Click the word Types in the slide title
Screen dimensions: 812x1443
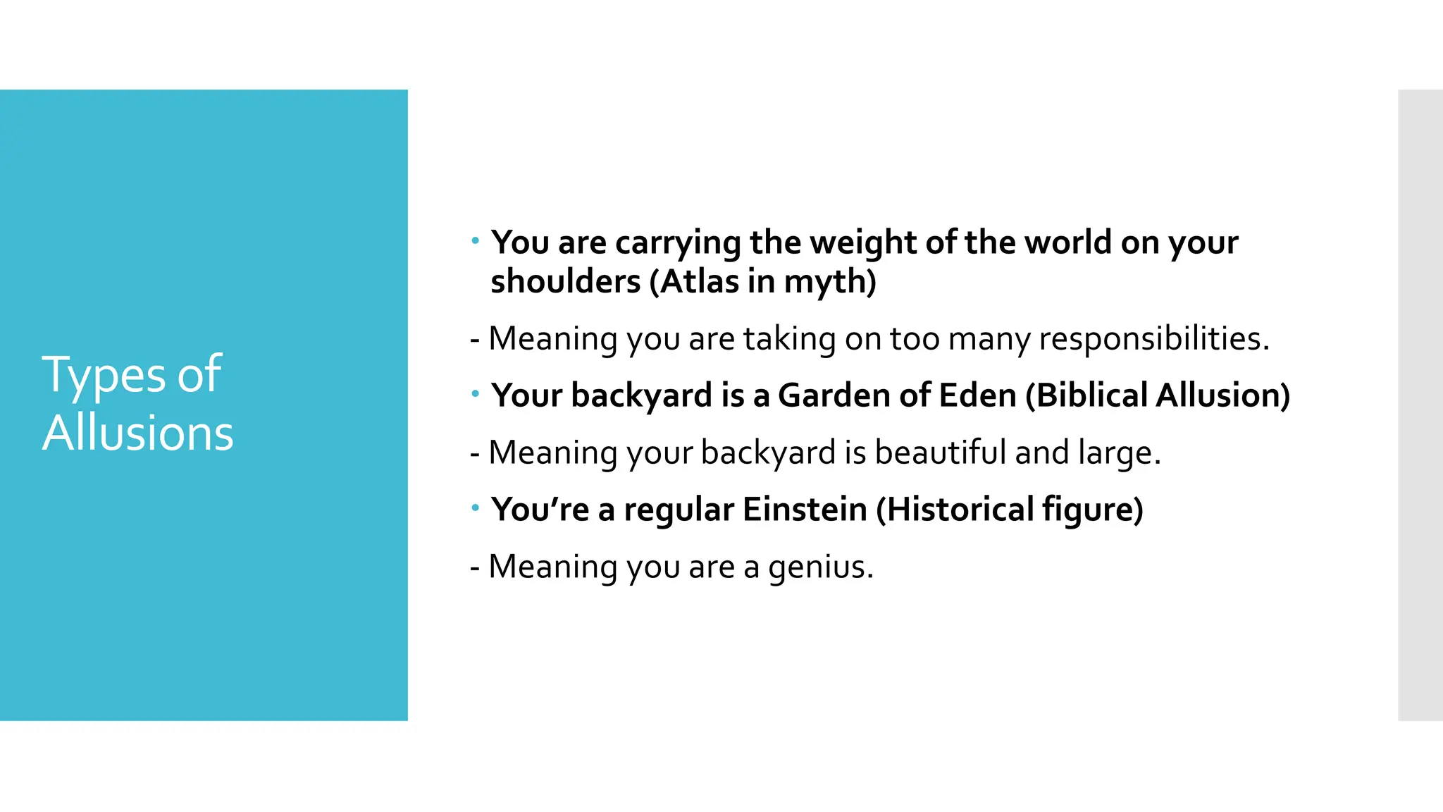tap(104, 376)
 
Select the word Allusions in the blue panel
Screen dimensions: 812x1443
tap(138, 433)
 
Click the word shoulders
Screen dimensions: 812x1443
tap(566, 282)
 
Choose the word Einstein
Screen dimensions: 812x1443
tap(805, 510)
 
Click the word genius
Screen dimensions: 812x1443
tap(820, 567)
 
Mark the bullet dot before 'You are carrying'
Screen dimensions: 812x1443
tap(476, 242)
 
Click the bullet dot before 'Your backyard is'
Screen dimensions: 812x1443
tap(476, 394)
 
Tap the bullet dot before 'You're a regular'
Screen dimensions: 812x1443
tap(476, 508)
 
